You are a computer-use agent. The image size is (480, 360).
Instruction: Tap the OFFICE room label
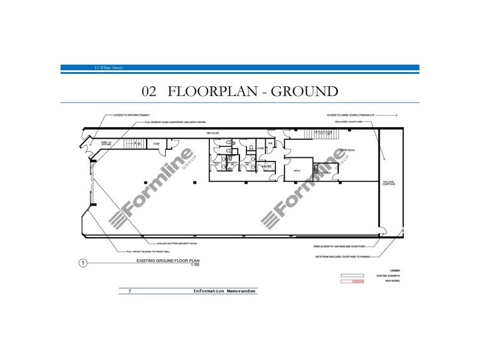click(x=296, y=171)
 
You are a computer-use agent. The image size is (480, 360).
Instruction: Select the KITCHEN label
click(x=326, y=173)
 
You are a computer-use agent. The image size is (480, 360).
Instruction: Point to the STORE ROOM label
click(x=348, y=150)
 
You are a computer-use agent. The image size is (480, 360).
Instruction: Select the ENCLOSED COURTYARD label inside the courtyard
click(x=389, y=183)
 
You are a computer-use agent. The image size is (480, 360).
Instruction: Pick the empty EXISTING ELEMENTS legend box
click(x=349, y=275)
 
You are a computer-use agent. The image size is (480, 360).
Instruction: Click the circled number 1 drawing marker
click(x=83, y=262)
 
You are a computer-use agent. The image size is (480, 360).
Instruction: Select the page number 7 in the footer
click(x=129, y=291)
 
